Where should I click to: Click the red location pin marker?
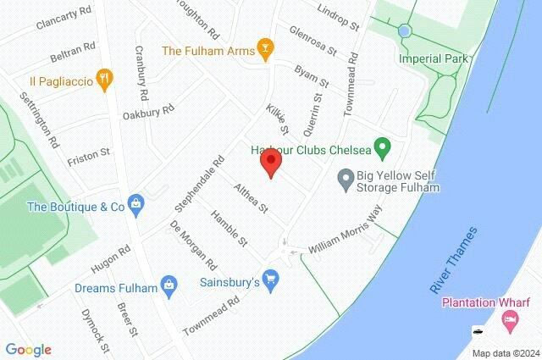pos(271,163)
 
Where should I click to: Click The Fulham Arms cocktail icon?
pos(266,50)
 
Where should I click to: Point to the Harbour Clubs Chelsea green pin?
pos(382,151)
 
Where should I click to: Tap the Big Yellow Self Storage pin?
pos(345,179)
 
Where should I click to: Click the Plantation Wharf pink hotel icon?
pos(509,320)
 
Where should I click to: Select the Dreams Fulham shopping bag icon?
pos(170,286)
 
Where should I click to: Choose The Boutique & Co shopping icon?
pos(136,205)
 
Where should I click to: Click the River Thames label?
pos(454,261)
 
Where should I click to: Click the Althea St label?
pos(252,197)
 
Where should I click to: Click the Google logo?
pos(29,350)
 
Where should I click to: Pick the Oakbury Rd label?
pos(148,111)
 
